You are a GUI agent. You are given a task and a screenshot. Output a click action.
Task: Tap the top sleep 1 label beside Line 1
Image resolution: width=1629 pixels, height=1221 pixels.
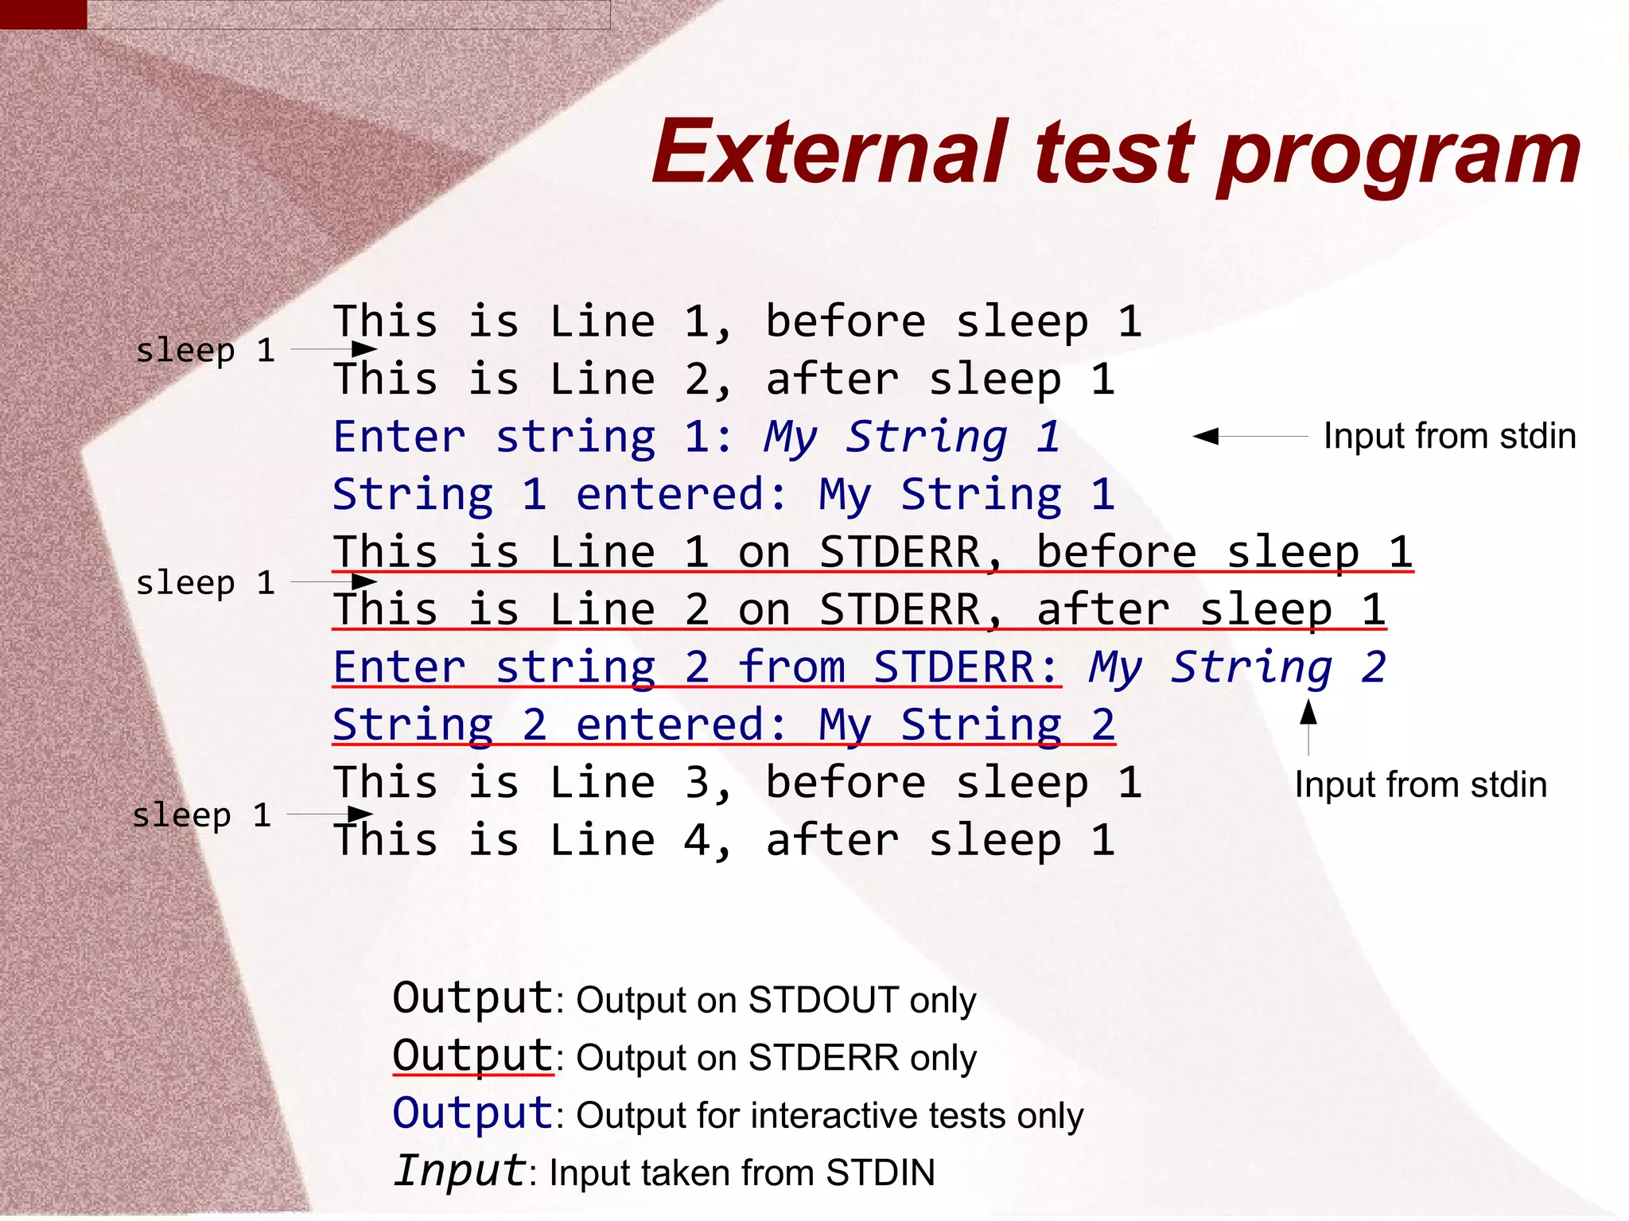tap(205, 350)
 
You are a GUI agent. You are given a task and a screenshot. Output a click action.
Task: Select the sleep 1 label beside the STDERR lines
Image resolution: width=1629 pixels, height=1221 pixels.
tap(205, 582)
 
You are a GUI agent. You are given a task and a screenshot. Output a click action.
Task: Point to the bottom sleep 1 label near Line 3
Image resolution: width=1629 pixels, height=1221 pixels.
tap(202, 815)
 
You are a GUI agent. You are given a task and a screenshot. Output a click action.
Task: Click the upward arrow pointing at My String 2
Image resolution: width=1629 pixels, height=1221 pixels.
tap(1308, 725)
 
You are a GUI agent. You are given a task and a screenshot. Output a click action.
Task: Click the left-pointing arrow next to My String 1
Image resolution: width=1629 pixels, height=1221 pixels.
tap(1249, 436)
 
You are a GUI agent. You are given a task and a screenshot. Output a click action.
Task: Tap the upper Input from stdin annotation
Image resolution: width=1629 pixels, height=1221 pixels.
tap(1449, 436)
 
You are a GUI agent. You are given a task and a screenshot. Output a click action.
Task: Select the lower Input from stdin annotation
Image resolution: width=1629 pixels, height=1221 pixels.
tap(1421, 784)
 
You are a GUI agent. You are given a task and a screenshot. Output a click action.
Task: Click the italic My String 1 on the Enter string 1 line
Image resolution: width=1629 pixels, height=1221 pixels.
tap(912, 437)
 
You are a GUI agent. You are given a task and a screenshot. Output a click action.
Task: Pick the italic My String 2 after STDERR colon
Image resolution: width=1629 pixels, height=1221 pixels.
tap(1237, 667)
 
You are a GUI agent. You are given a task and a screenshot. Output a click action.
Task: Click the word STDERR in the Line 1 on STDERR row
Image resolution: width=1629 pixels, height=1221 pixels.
tap(900, 552)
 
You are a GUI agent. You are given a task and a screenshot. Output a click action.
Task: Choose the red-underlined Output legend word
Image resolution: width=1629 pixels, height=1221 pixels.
tap(472, 1056)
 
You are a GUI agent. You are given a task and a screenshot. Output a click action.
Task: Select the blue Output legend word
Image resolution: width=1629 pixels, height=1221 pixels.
tap(472, 1114)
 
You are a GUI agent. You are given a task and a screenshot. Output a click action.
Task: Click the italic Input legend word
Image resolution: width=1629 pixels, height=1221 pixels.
tap(460, 1171)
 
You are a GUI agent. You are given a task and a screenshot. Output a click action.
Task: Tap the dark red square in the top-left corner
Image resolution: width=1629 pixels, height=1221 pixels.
tap(43, 14)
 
